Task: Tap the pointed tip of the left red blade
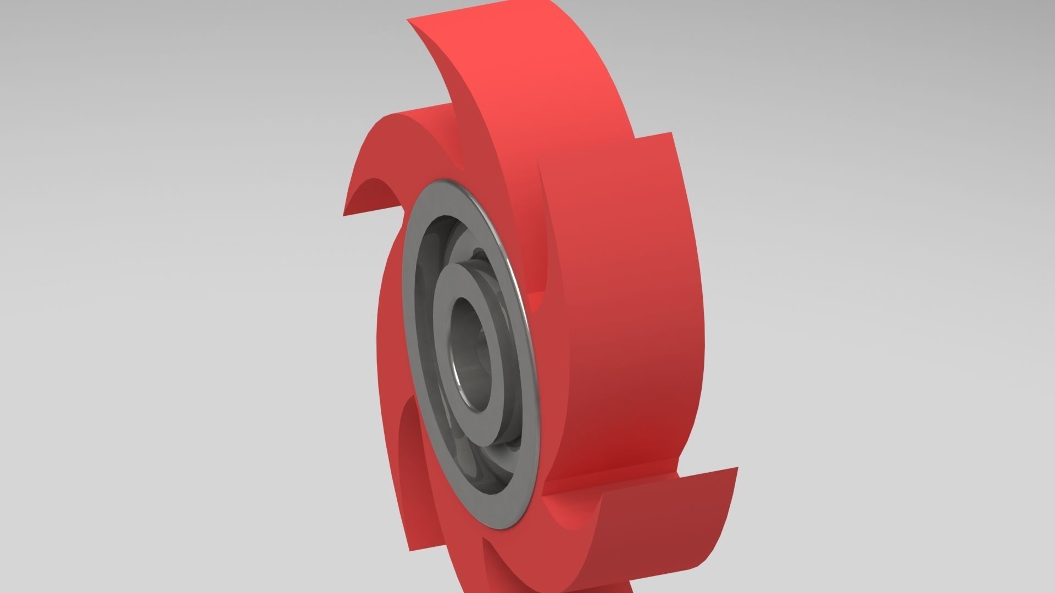pyautogui.click(x=344, y=215)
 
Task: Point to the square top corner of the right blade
pyautogui.click(x=671, y=133)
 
